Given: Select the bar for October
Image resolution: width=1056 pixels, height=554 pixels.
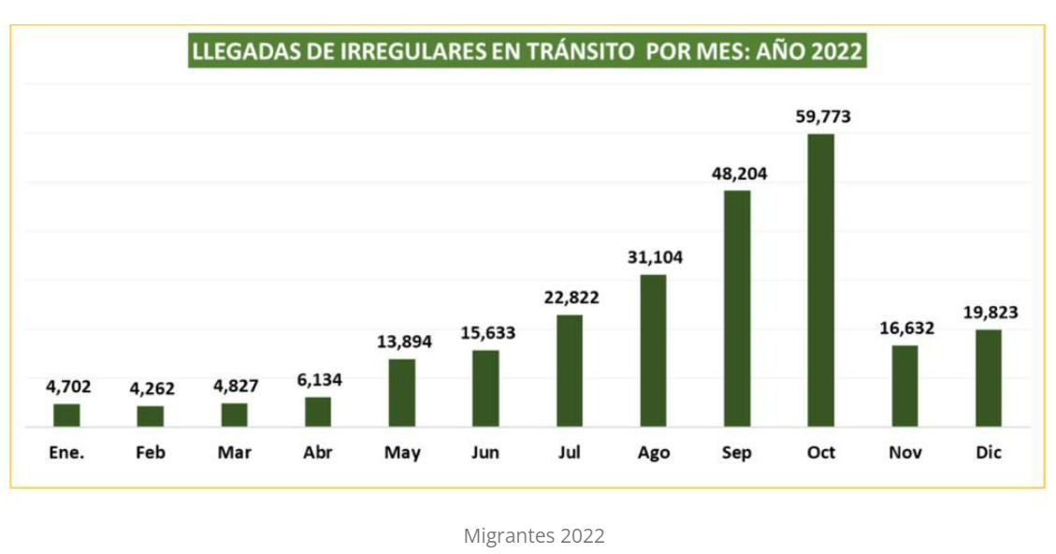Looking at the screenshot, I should [x=820, y=280].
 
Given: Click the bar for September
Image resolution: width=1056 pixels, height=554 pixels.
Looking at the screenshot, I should [x=737, y=308].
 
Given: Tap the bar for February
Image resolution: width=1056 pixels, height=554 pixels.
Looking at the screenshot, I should [x=151, y=415].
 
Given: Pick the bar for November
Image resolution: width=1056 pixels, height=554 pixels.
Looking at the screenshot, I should [x=904, y=386].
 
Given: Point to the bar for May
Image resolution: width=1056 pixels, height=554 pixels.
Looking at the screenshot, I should [x=402, y=392].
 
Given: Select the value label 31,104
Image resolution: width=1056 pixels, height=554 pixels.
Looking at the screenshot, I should [x=654, y=257].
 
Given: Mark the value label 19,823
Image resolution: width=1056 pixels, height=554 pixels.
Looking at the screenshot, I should [x=990, y=313].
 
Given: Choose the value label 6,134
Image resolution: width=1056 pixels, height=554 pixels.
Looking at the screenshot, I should [x=318, y=380].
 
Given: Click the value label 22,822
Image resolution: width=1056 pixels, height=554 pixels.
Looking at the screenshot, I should [x=571, y=298].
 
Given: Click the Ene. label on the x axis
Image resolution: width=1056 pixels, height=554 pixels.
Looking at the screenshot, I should [x=66, y=453].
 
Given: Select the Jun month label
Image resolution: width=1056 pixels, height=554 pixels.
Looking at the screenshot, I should [x=485, y=453].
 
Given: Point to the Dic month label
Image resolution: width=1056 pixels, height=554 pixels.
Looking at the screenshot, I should [x=989, y=453].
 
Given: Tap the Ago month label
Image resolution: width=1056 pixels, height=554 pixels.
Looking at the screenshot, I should [x=654, y=453].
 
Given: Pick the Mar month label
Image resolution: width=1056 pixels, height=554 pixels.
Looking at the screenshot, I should [x=234, y=453].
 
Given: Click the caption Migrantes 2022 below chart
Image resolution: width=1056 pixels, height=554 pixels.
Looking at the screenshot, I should [x=534, y=536].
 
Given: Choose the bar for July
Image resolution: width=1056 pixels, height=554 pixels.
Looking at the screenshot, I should [x=570, y=370].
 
